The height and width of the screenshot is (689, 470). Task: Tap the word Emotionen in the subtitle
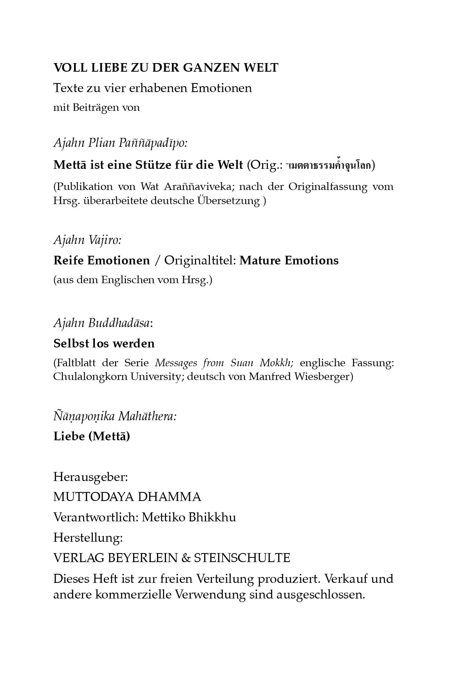point(221,88)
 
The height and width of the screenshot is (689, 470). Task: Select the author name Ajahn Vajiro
point(87,239)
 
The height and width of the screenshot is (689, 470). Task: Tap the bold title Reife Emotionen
point(101,260)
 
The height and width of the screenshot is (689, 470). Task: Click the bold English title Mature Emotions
point(289,260)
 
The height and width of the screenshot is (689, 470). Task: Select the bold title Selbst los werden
point(104,344)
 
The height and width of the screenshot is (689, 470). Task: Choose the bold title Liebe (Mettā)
point(91,436)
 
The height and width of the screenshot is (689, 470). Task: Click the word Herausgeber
point(90,477)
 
